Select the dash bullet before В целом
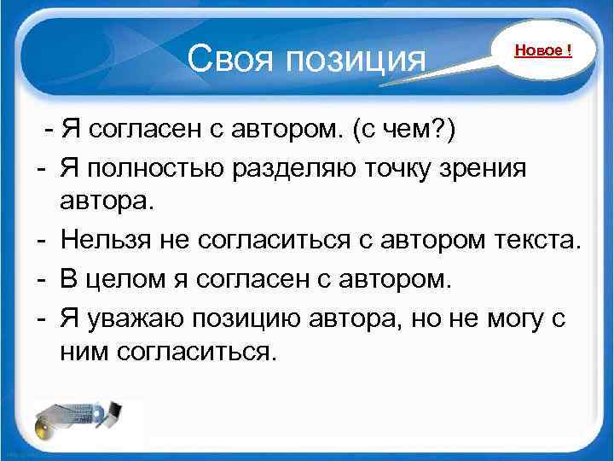pyautogui.click(x=41, y=279)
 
